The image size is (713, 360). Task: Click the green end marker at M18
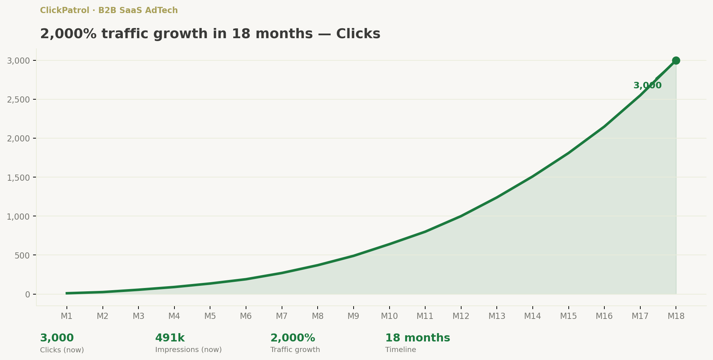676,60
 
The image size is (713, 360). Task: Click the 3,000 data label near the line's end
647,86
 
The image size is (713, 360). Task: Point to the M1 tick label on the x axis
67,316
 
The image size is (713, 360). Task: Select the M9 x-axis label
353,316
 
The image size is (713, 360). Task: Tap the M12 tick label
461,316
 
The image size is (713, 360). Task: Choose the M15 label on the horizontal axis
568,316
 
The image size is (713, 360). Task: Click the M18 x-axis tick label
676,316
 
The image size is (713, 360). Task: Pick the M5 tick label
210,316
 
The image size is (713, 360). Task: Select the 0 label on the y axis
28,294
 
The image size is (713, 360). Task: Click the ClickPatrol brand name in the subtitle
64,11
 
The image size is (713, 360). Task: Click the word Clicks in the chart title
358,34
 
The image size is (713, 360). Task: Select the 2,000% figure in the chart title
68,34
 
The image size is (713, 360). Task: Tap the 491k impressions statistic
170,338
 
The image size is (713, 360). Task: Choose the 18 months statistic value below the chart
418,338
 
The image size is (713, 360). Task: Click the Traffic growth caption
295,350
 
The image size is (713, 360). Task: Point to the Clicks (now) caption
62,350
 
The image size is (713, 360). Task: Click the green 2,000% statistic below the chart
293,338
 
